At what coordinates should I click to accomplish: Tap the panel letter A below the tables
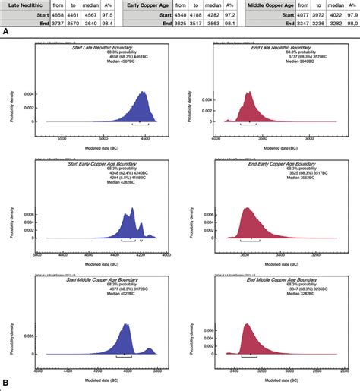6,33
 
